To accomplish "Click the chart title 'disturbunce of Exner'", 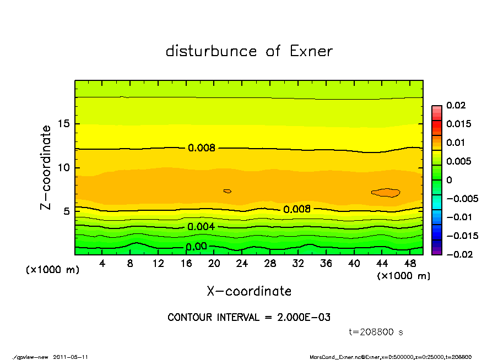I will (x=249, y=51).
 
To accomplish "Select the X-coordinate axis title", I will (x=249, y=291).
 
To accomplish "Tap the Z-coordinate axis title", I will (x=46, y=167).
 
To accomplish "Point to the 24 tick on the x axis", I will (x=242, y=263).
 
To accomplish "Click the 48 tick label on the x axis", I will (x=410, y=263).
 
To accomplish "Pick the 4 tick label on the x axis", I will (x=102, y=263).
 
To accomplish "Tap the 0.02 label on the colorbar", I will (x=456, y=105).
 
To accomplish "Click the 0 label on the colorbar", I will (x=449, y=180).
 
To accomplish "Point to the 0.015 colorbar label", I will (x=458, y=124).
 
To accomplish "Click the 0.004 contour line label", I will (x=201, y=227).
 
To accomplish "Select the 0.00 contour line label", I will (x=196, y=247).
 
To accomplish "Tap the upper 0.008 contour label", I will (x=201, y=148).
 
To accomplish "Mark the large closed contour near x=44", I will (x=386, y=192).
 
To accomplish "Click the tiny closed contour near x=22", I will (x=227, y=191).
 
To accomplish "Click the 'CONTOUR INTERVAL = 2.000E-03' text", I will (x=249, y=318).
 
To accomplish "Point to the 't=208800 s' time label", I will (x=376, y=332).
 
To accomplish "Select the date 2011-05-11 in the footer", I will (x=71, y=357).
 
